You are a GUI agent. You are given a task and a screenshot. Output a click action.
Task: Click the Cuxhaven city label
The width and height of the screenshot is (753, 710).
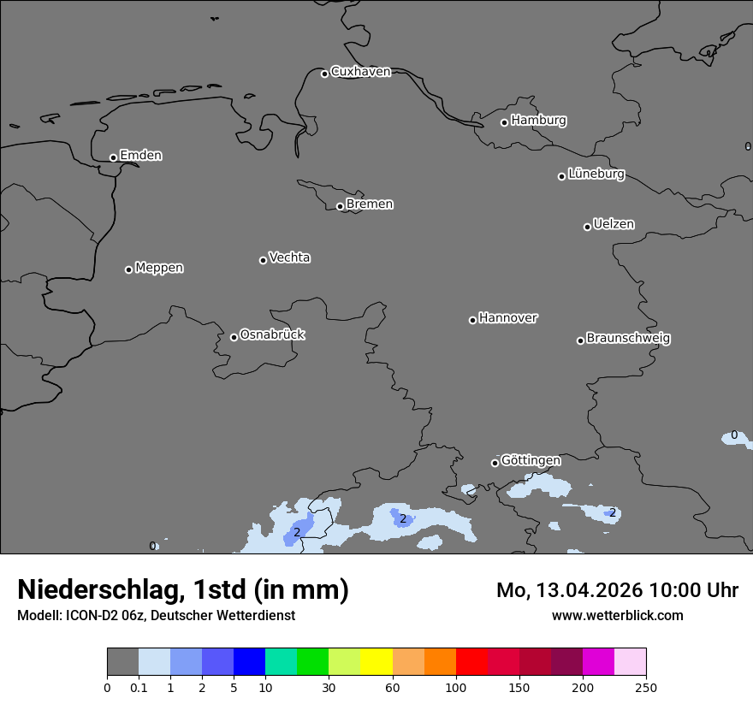coord(360,72)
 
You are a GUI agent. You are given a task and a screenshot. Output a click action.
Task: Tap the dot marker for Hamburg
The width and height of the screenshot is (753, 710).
coord(504,122)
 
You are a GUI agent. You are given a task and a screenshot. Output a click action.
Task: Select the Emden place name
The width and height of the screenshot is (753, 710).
coord(140,156)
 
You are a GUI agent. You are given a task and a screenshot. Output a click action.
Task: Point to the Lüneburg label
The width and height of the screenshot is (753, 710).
coord(596,175)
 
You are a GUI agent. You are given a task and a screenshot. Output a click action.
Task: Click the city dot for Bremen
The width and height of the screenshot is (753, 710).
coord(340,206)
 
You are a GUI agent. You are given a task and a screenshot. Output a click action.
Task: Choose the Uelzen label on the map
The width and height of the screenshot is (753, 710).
coord(614,225)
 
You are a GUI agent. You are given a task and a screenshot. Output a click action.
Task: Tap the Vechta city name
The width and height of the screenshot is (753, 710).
coord(289,257)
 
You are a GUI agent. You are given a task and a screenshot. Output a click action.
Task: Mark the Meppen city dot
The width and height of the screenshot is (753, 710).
coord(128,269)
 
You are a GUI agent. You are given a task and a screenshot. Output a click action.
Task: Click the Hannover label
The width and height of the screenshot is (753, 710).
coord(507,318)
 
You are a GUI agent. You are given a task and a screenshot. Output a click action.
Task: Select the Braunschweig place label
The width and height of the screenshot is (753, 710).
coord(628,339)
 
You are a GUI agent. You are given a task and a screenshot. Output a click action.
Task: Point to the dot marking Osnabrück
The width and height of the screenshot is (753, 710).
coord(234,337)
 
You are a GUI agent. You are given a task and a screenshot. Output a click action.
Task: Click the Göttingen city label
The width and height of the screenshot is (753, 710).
coord(531,461)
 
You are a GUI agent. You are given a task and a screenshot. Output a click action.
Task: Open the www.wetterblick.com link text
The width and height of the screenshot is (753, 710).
coord(617,616)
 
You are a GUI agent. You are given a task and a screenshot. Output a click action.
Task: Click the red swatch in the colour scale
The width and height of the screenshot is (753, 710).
coord(471,662)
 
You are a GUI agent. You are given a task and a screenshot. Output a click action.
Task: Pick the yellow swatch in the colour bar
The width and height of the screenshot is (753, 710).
coord(376,662)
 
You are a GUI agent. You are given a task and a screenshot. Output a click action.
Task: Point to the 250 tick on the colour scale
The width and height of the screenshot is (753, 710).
coord(645,687)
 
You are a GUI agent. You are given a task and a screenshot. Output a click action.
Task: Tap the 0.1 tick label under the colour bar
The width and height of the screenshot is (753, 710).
coord(139,687)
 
